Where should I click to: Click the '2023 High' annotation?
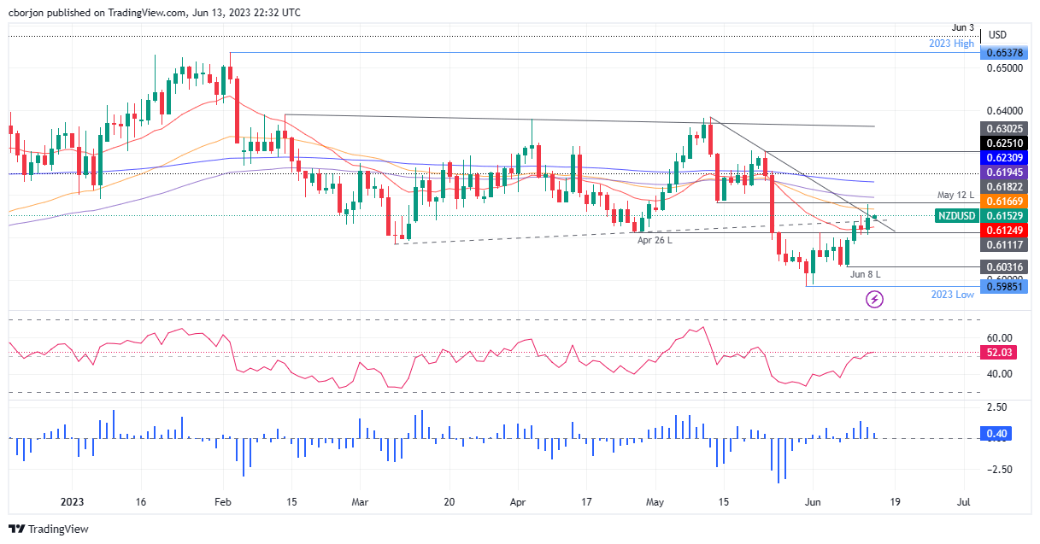coord(951,43)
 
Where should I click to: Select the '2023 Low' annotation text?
coord(953,294)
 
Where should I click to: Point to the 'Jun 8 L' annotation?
coord(864,274)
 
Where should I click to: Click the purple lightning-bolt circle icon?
coord(874,299)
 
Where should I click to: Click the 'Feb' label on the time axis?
coord(223,501)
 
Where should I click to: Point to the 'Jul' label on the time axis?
coord(962,501)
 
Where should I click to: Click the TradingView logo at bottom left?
coord(49,529)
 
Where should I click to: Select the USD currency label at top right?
coord(997,35)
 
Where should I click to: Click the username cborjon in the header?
coord(30,11)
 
